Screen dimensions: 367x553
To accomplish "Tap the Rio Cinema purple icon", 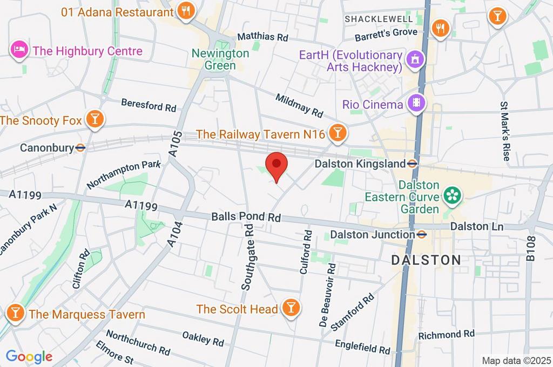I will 416,103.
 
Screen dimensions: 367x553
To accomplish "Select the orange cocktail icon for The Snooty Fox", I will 95,120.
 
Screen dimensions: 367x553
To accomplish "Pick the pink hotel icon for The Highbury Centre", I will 19,51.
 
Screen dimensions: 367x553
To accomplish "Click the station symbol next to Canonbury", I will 80,147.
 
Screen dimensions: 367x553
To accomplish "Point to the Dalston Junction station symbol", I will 422,234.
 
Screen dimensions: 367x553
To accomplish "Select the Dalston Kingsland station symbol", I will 412,163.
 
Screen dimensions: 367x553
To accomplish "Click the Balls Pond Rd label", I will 246,217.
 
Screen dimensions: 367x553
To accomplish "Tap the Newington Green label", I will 221,59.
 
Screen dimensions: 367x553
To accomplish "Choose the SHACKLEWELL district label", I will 379,19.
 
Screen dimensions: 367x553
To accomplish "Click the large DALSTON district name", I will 426,260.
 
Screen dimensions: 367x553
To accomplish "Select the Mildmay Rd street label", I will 299,106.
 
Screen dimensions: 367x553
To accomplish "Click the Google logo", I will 29,356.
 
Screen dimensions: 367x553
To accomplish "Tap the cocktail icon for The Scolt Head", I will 291,308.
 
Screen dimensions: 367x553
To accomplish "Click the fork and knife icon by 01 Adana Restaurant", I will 185,11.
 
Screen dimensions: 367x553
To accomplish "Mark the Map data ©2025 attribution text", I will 516,361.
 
